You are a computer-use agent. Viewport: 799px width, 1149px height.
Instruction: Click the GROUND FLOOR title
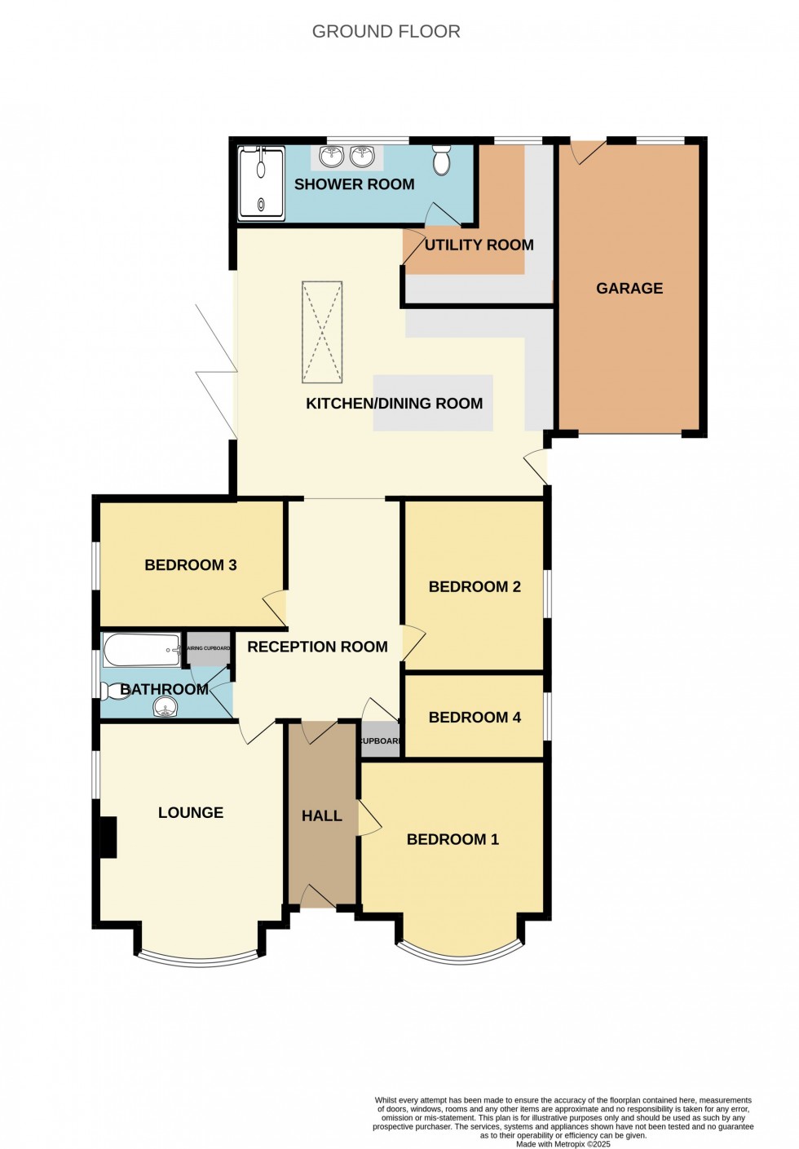[x=386, y=32]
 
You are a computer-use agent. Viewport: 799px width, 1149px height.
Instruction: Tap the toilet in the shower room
[x=441, y=161]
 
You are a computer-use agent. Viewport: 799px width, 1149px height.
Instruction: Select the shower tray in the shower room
[x=261, y=183]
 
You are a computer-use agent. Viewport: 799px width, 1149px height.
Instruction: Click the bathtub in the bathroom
[x=141, y=650]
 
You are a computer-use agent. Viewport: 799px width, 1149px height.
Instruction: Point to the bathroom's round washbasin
[x=165, y=709]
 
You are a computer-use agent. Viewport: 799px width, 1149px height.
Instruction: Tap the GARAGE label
[x=629, y=289]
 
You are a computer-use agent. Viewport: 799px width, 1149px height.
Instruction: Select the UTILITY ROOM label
[x=479, y=245]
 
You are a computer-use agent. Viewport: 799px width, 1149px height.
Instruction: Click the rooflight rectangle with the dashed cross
[x=322, y=332]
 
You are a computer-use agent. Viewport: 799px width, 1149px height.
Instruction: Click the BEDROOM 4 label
[x=475, y=718]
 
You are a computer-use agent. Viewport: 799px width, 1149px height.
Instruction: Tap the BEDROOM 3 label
[x=190, y=565]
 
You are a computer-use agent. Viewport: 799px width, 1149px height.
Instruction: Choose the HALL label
[x=321, y=815]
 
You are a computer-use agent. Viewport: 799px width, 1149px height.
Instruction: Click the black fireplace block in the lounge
[x=108, y=837]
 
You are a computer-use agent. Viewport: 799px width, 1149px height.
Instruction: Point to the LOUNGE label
[x=190, y=813]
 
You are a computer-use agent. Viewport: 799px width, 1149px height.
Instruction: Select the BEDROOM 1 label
[x=452, y=839]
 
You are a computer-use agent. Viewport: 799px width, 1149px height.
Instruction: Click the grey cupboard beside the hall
[x=381, y=740]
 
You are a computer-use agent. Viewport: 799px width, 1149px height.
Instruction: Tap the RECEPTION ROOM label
[x=317, y=647]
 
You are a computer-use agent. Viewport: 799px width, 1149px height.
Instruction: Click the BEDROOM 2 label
[x=475, y=587]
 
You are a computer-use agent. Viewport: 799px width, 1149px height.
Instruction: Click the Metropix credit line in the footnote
[x=563, y=1144]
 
